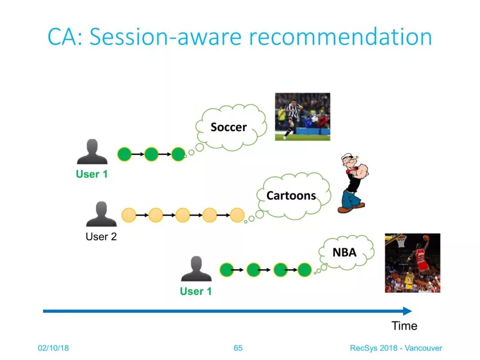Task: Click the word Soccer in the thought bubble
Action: coord(229,127)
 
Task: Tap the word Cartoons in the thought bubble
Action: coord(291,196)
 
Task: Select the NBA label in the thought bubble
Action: coord(344,252)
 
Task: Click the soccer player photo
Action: coord(303,116)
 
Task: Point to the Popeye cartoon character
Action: coord(353,183)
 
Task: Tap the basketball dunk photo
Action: coord(412,263)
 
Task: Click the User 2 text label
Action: coord(101,236)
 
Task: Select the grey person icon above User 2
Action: coord(101,214)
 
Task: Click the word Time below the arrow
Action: coord(404,326)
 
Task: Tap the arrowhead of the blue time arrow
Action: coord(408,311)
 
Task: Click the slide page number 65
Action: coord(238,348)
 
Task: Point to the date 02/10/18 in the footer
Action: coord(53,348)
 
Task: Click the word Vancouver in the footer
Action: coord(424,348)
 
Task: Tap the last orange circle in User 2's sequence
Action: coord(237,215)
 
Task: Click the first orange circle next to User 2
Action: coord(129,215)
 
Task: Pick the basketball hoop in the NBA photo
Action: coord(400,240)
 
